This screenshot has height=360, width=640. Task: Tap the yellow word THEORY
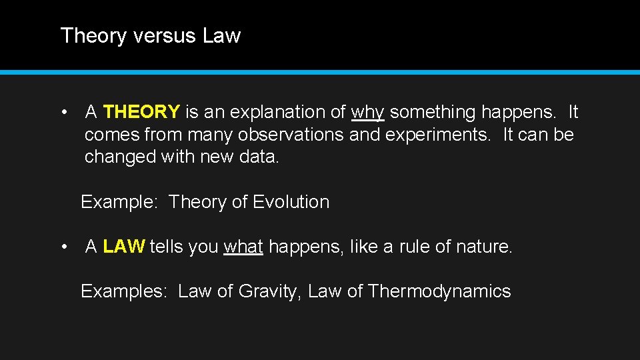(x=141, y=112)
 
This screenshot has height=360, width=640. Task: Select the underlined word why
(x=367, y=112)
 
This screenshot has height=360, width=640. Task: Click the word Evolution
(x=291, y=202)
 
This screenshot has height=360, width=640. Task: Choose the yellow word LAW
(x=124, y=247)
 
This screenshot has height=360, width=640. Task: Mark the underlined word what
(x=243, y=247)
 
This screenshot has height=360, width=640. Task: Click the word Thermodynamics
(x=439, y=291)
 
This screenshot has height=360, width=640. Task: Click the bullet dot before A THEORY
(x=64, y=112)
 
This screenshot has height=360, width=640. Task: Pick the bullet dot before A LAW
(x=64, y=247)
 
